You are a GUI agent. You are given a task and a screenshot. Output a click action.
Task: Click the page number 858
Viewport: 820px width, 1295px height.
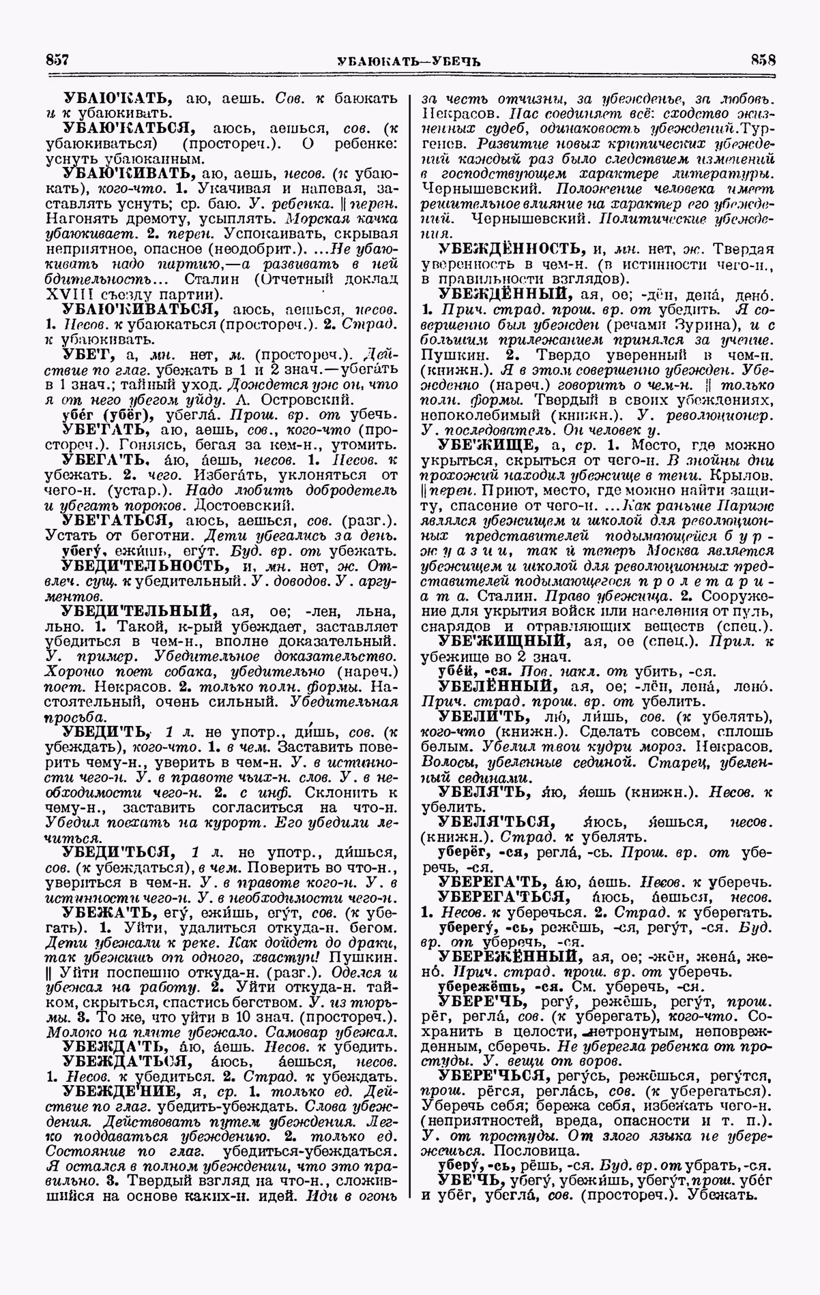click(x=763, y=59)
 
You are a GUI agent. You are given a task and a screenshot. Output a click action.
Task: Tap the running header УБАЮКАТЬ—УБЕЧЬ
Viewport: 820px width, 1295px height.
click(x=409, y=60)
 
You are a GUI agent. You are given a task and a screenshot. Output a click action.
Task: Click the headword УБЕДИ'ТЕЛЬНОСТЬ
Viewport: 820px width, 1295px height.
click(x=142, y=566)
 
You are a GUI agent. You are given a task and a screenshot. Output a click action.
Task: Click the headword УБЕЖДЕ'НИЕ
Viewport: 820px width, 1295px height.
click(x=119, y=1091)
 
